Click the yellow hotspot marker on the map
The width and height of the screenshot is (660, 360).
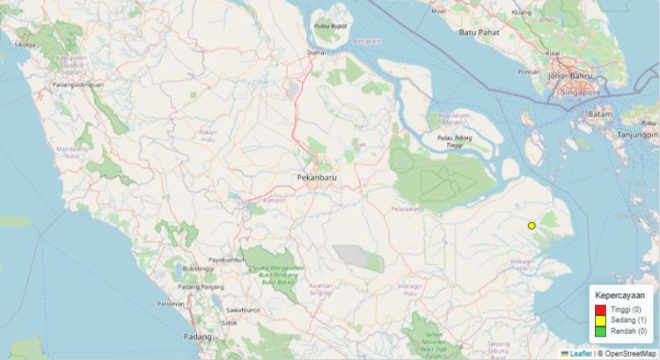tap(532, 226)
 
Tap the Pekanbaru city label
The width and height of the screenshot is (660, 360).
tap(317, 178)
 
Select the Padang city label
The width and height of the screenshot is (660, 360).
tap(199, 337)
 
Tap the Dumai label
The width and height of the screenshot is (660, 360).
tap(316, 53)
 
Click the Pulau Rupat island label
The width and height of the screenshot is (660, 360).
tap(333, 26)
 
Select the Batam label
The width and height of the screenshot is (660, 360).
tap(599, 114)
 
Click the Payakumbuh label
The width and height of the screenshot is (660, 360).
tap(231, 261)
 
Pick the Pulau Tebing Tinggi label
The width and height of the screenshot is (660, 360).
tap(457, 141)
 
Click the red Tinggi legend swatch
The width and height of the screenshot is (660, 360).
tap(600, 310)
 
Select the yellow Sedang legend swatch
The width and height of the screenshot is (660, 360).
tap(600, 320)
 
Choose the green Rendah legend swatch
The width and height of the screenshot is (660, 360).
tap(600, 331)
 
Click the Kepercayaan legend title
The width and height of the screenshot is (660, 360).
tap(622, 295)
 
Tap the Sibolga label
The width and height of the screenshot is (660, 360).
tap(25, 43)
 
